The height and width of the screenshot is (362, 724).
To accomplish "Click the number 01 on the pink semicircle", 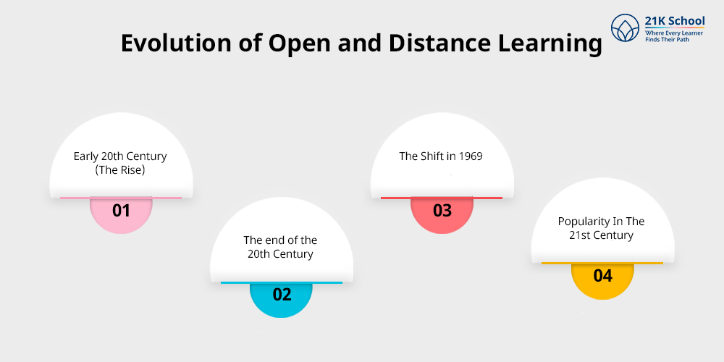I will coord(121,211).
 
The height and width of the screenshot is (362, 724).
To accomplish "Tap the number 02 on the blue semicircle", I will coord(282,295).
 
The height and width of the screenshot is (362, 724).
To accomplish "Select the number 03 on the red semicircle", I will coord(442,211).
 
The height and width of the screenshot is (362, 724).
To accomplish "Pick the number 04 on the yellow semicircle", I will coord(602,276).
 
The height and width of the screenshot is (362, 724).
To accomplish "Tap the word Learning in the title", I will coord(550,43).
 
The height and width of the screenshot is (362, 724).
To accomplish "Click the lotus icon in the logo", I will coord(624,29).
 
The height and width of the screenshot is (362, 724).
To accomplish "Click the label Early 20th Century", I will coord(120,156).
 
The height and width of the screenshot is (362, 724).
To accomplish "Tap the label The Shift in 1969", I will coord(442,156).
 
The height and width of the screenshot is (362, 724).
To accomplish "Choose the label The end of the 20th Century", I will coord(281,247).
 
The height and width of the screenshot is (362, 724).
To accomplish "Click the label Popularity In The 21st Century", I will coord(602,228).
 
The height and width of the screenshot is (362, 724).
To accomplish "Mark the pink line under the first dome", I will coord(121,198).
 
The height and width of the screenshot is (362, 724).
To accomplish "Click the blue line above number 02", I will coord(282,282).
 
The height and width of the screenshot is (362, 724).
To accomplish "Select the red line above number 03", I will coord(442,198).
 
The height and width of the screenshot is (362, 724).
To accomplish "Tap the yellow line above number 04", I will coord(602,263).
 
